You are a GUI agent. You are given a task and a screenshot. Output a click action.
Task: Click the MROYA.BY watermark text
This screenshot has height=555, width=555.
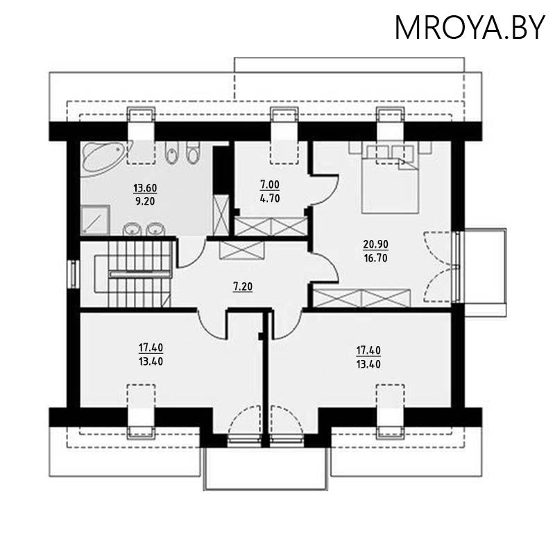tap(470, 27)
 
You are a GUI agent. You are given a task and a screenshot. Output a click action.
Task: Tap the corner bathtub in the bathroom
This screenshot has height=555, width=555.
tap(101, 158)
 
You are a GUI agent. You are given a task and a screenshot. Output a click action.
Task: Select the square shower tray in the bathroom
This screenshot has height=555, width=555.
tap(95, 220)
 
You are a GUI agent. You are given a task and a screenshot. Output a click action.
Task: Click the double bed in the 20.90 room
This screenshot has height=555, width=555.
tap(390, 178)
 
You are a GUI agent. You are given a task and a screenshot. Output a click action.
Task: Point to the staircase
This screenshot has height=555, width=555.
tap(132, 273)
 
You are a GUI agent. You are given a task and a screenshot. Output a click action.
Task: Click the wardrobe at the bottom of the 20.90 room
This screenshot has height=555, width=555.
tap(361, 298)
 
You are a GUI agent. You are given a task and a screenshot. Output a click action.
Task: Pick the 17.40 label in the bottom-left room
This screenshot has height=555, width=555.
tap(150, 348)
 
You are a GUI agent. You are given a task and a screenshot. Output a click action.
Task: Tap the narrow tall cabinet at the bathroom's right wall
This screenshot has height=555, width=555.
tap(221, 215)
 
